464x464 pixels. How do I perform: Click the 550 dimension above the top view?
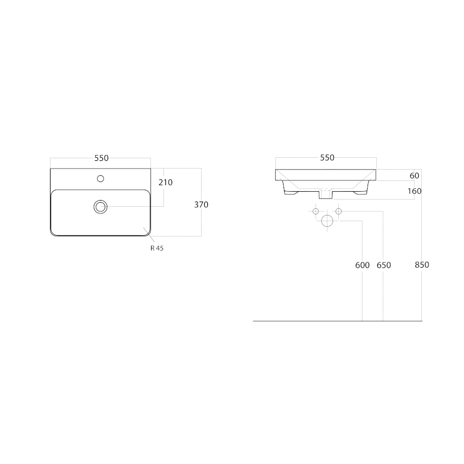pyautogui.click(x=102, y=158)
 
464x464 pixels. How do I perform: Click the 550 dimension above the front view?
pyautogui.click(x=327, y=158)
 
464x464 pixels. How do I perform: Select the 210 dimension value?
pyautogui.click(x=165, y=183)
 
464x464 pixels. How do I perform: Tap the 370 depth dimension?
pyautogui.click(x=201, y=205)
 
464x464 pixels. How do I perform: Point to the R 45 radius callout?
pyautogui.click(x=157, y=248)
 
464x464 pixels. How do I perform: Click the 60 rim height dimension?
pyautogui.click(x=415, y=176)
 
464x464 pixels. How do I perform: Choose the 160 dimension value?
pyautogui.click(x=415, y=191)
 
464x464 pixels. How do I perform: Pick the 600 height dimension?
pyautogui.click(x=362, y=265)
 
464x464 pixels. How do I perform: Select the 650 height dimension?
pyautogui.click(x=384, y=265)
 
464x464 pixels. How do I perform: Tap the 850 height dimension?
pyautogui.click(x=422, y=265)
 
